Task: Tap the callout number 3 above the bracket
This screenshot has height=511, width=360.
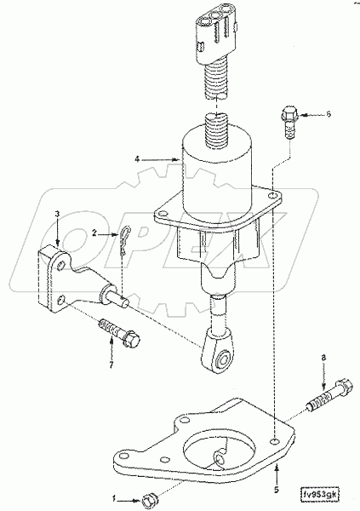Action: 56,214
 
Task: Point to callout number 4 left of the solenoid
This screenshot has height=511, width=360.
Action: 149,158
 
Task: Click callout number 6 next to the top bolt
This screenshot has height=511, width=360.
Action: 329,113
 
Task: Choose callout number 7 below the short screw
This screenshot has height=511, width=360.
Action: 111,365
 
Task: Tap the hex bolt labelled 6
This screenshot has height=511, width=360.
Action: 287,122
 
